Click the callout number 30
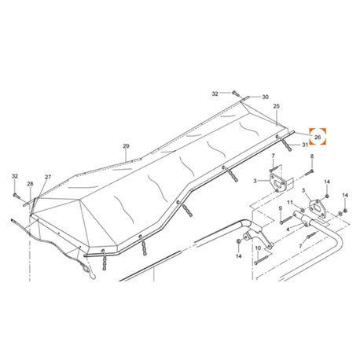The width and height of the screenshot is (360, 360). tap(265, 97)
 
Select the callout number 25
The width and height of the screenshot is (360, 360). tap(276, 106)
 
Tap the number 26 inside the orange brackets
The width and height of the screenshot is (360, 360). tap(318, 137)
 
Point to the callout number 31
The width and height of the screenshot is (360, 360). tap(305, 145)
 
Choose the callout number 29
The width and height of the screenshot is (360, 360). tap(126, 146)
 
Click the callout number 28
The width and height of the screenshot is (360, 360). tap(30, 184)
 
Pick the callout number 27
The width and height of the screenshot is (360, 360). tap(48, 177)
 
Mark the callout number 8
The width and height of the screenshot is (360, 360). tap(312, 156)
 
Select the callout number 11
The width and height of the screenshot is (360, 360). tap(290, 202)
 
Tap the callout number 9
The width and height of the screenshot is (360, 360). tap(281, 208)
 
